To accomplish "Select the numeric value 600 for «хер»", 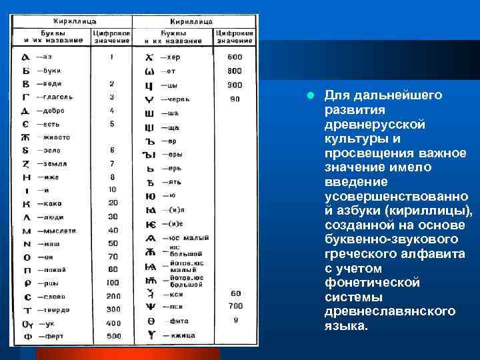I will [234, 57].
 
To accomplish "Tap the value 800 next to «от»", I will [234, 71].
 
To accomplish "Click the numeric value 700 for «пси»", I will [235, 306].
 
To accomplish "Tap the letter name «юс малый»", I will [189, 238].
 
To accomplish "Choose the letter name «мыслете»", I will [60, 231].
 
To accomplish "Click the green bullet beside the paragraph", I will [311, 95].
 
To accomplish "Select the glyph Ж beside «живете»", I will [25, 137].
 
